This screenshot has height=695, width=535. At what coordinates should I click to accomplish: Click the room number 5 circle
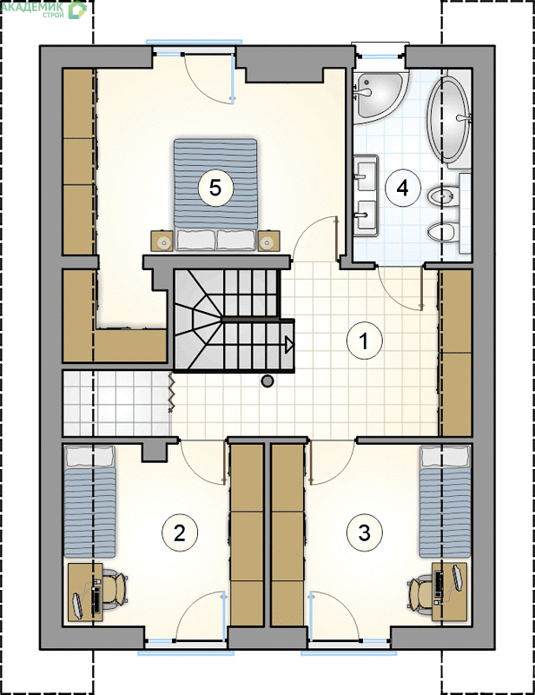(215, 188)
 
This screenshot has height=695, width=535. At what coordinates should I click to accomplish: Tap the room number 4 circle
(402, 188)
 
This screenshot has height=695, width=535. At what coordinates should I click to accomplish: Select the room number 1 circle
(364, 341)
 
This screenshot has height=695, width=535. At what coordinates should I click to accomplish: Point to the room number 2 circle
(180, 532)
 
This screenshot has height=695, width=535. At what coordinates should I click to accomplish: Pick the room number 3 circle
(365, 532)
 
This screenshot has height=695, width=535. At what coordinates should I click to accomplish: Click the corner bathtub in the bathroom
(378, 96)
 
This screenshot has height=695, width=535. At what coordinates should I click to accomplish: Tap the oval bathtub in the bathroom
(448, 119)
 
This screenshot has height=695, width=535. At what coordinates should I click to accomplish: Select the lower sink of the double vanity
(366, 215)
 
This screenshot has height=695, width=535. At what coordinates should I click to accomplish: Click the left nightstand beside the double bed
(162, 242)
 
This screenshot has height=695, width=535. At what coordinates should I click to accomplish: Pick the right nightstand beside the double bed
(268, 242)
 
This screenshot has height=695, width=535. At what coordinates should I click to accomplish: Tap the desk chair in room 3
(420, 590)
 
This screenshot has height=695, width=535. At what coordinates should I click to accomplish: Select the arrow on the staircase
(289, 344)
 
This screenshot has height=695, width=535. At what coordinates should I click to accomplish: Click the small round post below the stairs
(267, 381)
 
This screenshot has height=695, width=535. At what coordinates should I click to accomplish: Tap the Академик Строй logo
(43, 10)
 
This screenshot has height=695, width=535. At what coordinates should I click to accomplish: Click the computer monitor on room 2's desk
(77, 605)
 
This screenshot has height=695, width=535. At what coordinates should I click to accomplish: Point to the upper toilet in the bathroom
(443, 196)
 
